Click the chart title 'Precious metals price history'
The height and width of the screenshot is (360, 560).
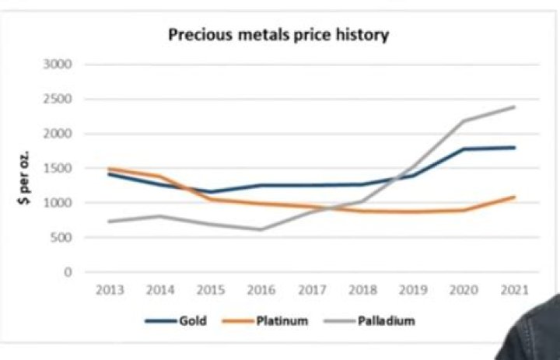279,35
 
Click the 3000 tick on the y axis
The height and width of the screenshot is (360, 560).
58,65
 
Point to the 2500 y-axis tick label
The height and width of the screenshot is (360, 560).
58,100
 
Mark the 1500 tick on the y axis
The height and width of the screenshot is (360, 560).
58,169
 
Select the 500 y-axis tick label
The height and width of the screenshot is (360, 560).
61,238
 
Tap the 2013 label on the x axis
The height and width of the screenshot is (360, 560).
109,290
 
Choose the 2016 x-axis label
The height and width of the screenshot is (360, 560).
261,290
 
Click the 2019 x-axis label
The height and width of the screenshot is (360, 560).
412,290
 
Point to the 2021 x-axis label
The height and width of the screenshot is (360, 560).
513,290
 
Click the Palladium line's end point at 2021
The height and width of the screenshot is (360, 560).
514,107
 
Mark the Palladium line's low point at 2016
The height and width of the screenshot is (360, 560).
261,229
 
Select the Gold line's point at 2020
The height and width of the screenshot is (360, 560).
464,149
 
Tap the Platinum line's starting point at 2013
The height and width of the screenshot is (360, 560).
109,169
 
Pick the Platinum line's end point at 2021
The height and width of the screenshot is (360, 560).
514,197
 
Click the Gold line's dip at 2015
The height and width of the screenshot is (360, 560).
210,192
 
